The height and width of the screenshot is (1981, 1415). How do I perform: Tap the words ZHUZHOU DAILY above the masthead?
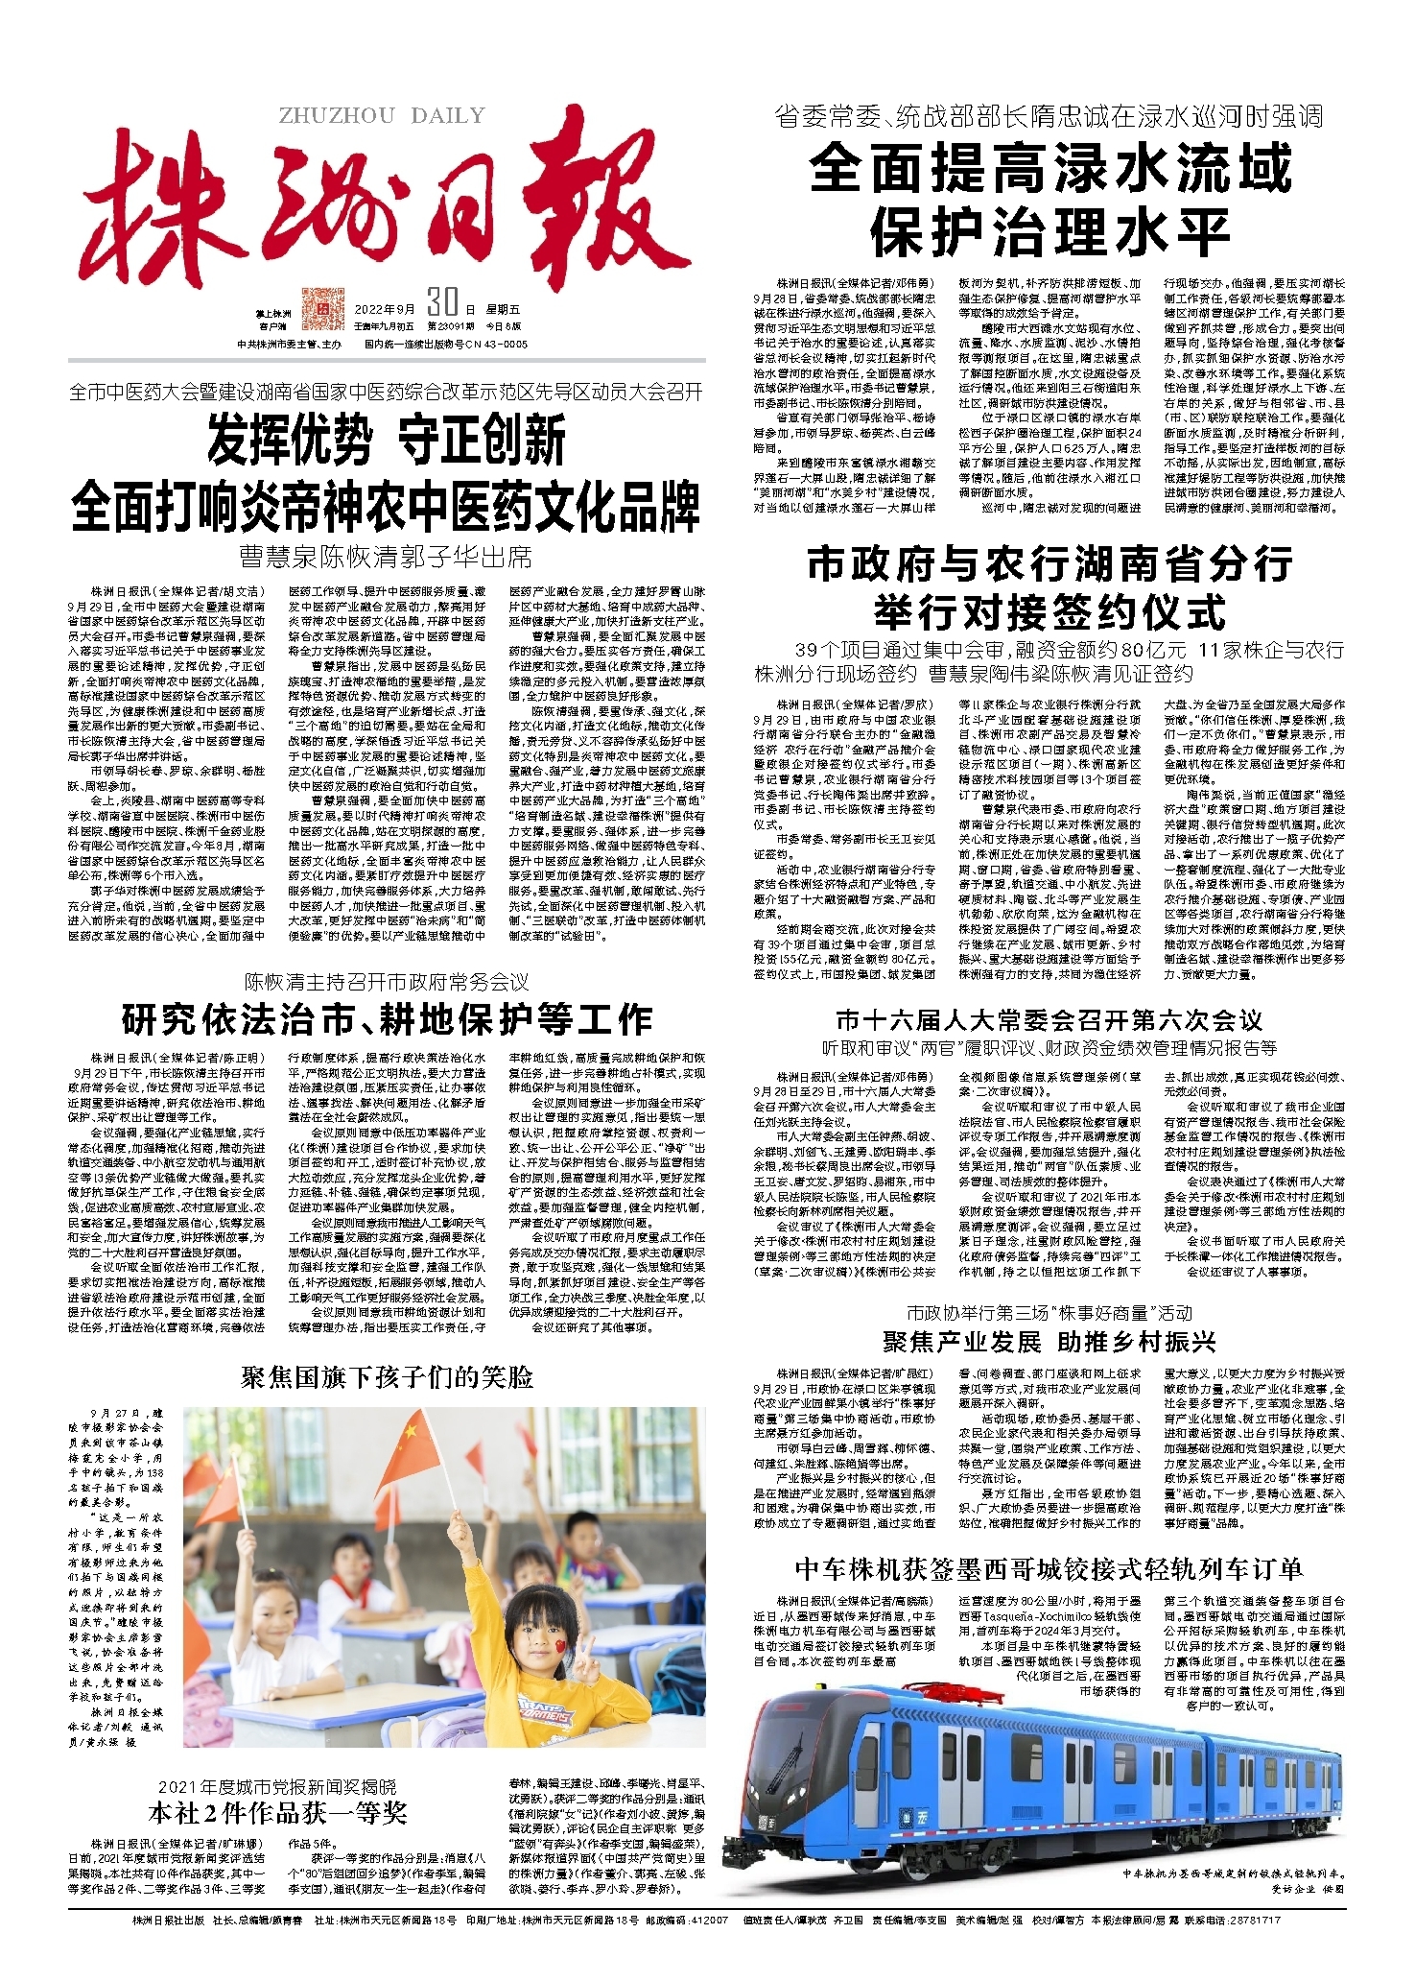point(382,116)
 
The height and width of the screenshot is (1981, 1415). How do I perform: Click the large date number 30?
point(441,303)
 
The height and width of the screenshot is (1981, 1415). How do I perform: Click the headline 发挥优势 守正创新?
point(387,442)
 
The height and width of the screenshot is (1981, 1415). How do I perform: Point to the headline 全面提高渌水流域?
point(1050,169)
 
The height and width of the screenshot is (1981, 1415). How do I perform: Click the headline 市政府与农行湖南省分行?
point(1049,564)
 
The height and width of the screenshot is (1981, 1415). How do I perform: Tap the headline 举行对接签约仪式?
point(1049,612)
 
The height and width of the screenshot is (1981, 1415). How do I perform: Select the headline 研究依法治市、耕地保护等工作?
point(387,1019)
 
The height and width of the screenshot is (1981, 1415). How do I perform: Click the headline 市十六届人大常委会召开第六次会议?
point(1049,1019)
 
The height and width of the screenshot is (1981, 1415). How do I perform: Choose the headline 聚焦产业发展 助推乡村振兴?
point(1049,1341)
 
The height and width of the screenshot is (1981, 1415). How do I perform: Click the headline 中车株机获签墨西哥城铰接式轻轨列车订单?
point(1049,1570)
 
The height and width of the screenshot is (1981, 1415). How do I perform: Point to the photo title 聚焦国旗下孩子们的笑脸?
point(387,1378)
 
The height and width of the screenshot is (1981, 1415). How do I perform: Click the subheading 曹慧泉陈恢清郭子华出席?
point(387,557)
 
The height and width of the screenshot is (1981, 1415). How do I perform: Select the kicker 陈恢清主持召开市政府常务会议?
point(387,982)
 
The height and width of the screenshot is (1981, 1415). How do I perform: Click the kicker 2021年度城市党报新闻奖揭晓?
point(277,1786)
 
